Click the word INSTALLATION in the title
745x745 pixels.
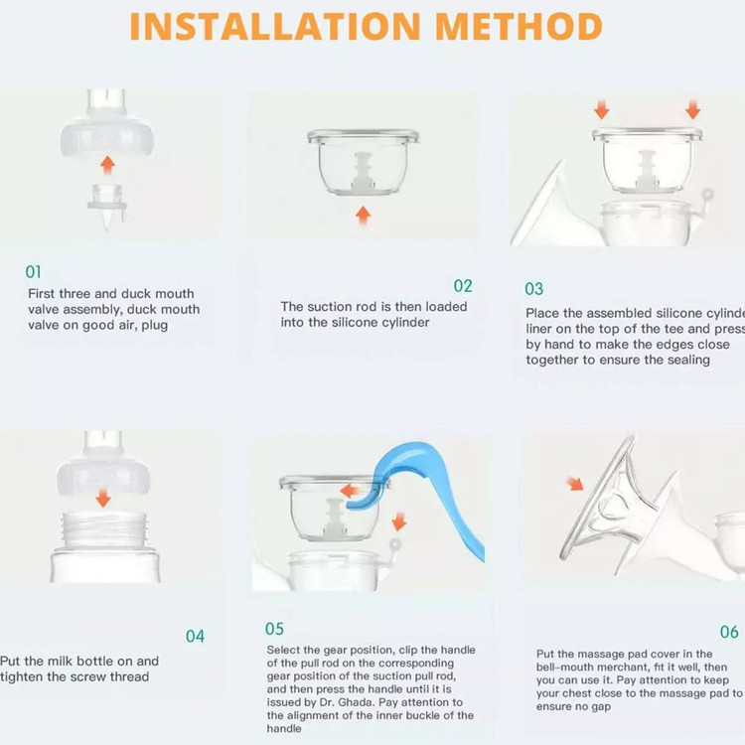[x=275, y=27]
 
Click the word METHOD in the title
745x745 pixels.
[x=519, y=27]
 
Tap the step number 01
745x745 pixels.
[x=33, y=272]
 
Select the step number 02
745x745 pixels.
[x=463, y=285]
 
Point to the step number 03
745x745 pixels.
[x=534, y=289]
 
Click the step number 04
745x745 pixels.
[x=196, y=636]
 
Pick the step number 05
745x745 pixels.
[x=274, y=629]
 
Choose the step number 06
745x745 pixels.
[x=729, y=632]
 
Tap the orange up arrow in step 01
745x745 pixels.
[x=108, y=165]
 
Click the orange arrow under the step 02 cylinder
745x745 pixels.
[x=363, y=215]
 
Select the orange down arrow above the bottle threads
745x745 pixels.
[x=103, y=498]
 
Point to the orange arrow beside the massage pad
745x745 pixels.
[x=575, y=484]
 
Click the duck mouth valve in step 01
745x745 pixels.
[x=107, y=207]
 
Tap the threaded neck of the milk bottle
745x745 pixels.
[x=104, y=528]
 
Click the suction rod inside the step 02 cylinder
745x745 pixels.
[x=363, y=172]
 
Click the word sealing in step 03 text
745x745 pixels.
[x=688, y=360]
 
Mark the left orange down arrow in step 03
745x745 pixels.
[x=602, y=109]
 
